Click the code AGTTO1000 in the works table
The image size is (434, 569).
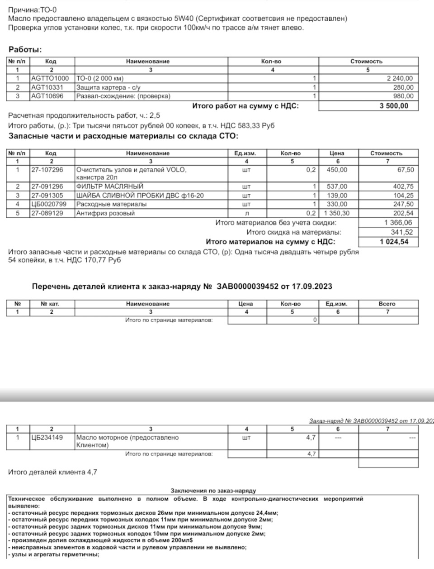click(50, 78)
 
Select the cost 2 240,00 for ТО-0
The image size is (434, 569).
click(400, 78)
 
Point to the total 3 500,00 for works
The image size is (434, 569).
click(393, 106)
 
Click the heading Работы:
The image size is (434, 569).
click(25, 50)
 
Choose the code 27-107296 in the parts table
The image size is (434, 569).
click(47, 170)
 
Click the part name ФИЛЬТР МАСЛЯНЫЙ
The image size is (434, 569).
click(110, 186)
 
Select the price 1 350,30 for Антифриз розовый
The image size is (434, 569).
click(335, 213)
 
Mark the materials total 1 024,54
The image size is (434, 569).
click(394, 242)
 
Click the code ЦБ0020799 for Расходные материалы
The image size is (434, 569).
click(49, 204)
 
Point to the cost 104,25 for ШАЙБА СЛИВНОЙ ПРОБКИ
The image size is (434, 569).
click(403, 196)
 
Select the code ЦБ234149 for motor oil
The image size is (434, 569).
click(47, 438)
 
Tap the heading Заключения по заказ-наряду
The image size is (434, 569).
click(213, 491)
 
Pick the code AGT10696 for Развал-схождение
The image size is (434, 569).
click(47, 96)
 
